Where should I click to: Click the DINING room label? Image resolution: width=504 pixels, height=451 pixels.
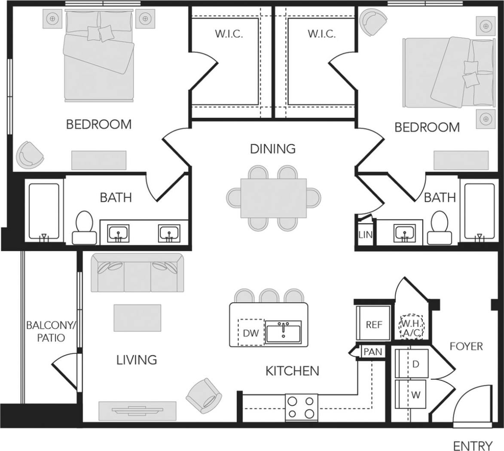tap(273, 149)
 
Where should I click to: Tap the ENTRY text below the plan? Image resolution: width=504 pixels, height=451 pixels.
tap(473, 445)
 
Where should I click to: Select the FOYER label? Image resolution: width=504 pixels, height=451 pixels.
tap(466, 346)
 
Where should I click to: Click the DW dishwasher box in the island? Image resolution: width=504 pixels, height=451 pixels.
tap(251, 332)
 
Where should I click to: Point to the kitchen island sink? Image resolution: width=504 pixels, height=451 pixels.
tap(283, 332)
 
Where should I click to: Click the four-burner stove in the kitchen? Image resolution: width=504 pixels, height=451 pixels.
tap(301, 407)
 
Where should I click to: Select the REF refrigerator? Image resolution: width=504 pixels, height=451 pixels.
tap(374, 324)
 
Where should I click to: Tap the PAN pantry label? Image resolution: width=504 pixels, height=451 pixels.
tap(372, 352)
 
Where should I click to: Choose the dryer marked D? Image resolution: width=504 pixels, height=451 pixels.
tap(415, 364)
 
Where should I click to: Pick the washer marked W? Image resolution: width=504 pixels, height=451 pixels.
tap(415, 394)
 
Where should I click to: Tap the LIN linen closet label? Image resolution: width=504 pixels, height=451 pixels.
tap(365, 235)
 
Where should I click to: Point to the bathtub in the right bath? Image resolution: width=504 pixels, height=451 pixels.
tap(480, 212)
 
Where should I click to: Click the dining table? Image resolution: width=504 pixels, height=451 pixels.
tap(273, 198)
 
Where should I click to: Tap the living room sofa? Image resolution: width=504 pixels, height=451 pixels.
tap(137, 273)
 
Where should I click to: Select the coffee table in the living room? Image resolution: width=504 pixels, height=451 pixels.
tap(137, 318)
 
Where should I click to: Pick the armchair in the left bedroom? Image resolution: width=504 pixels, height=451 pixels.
tap(30, 154)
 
